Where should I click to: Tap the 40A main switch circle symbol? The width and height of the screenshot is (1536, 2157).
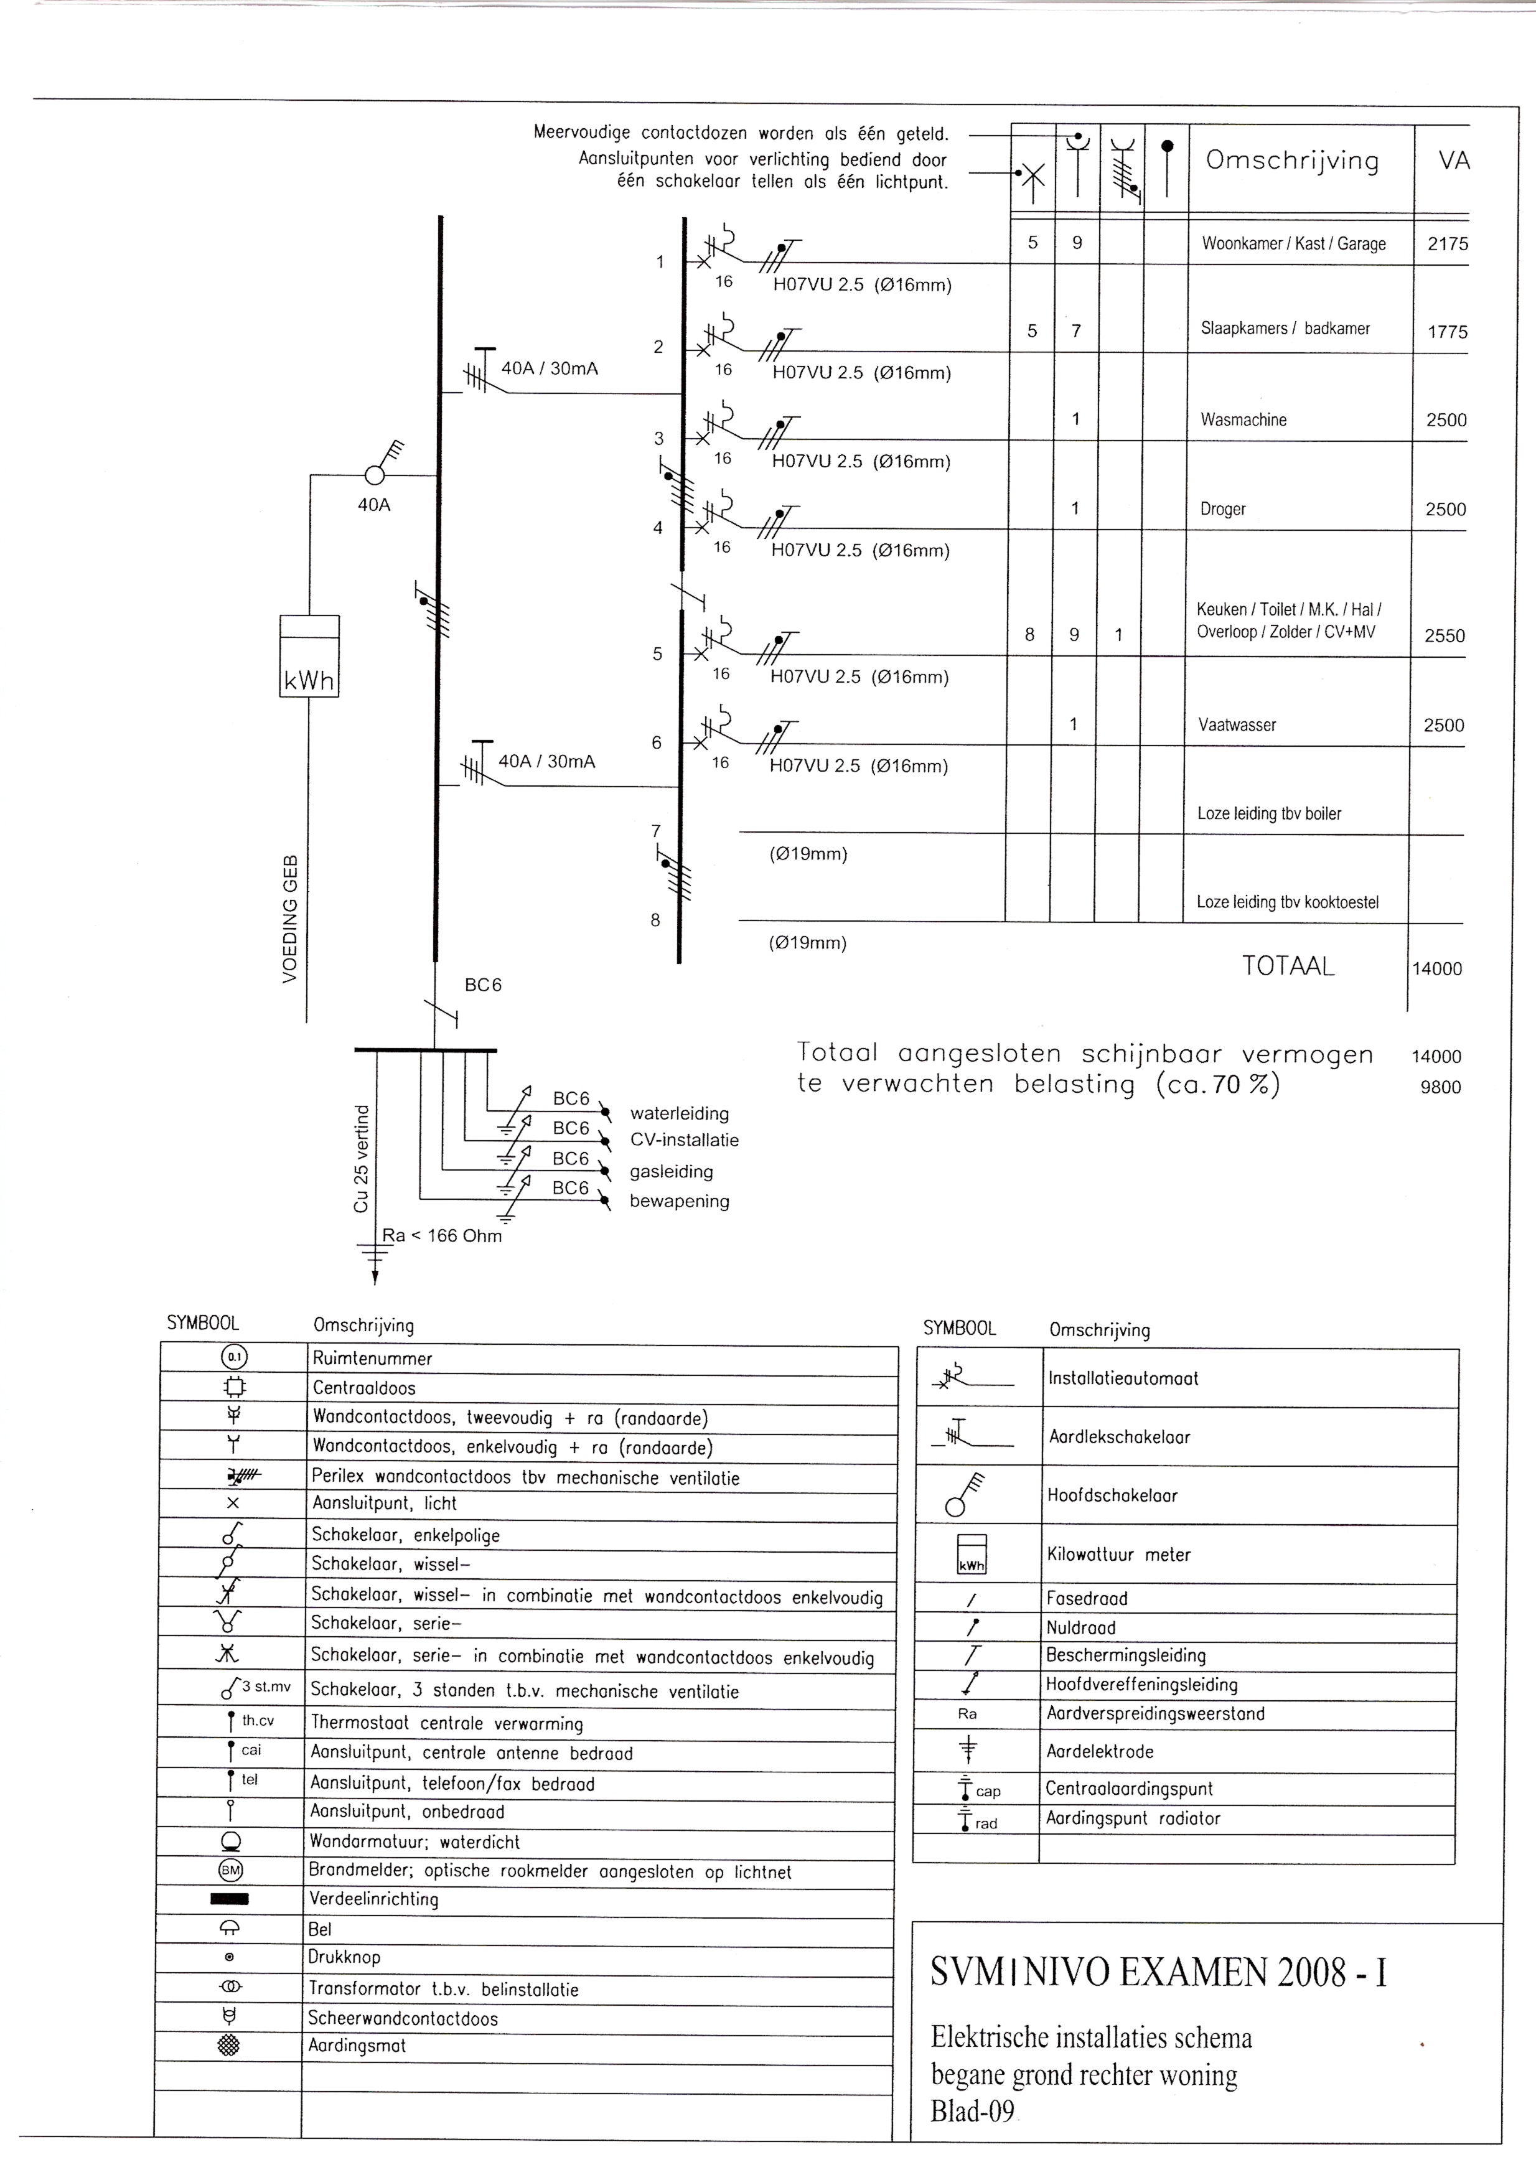coord(375,475)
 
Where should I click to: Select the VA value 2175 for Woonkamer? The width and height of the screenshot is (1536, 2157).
coord(1447,244)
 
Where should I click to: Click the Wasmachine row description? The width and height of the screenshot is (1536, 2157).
coord(1243,420)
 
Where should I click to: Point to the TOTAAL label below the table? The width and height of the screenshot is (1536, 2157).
coord(1287,966)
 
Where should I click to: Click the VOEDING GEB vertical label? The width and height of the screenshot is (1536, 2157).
coord(291,917)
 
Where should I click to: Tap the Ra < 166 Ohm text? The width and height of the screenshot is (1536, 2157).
coord(442,1236)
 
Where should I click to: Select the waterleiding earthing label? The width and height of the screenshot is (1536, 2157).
coord(679,1113)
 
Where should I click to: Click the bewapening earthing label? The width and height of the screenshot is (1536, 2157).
coord(679,1201)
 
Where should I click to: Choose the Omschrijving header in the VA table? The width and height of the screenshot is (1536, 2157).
coord(1292,161)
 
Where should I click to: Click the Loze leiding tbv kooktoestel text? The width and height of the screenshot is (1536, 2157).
coord(1286,902)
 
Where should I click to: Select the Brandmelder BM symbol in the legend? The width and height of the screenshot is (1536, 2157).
coord(231,1869)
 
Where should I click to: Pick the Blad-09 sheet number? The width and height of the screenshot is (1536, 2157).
coord(972,2112)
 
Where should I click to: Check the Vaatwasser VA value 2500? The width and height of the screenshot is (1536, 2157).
coord(1443,725)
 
